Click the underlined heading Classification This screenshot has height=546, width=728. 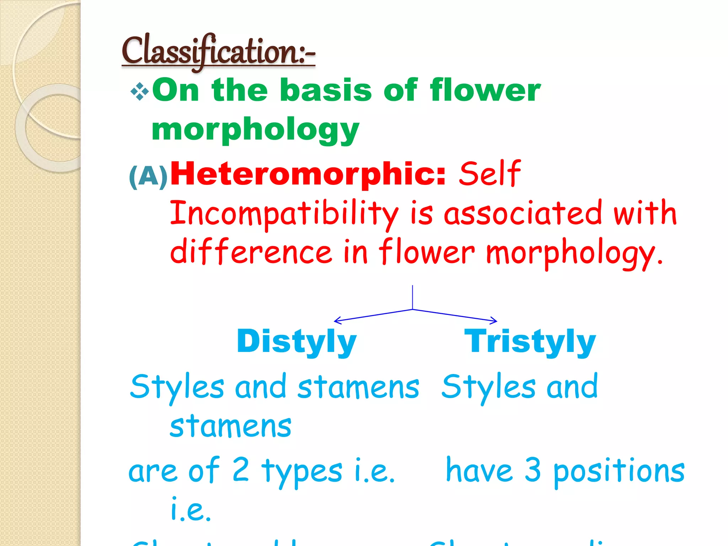point(218,52)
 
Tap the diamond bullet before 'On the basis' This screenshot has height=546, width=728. point(139,91)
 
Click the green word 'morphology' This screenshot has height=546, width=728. point(255,130)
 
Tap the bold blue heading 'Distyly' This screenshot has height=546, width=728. point(296,341)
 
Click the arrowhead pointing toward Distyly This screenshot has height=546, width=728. point(336,321)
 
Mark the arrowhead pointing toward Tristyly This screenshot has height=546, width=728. point(495,321)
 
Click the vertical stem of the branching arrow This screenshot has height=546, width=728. point(412,297)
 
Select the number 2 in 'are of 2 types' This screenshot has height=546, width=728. point(241,470)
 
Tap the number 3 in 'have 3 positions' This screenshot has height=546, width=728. point(532,470)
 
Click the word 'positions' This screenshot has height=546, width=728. point(619,471)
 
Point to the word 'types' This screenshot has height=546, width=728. point(302,471)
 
